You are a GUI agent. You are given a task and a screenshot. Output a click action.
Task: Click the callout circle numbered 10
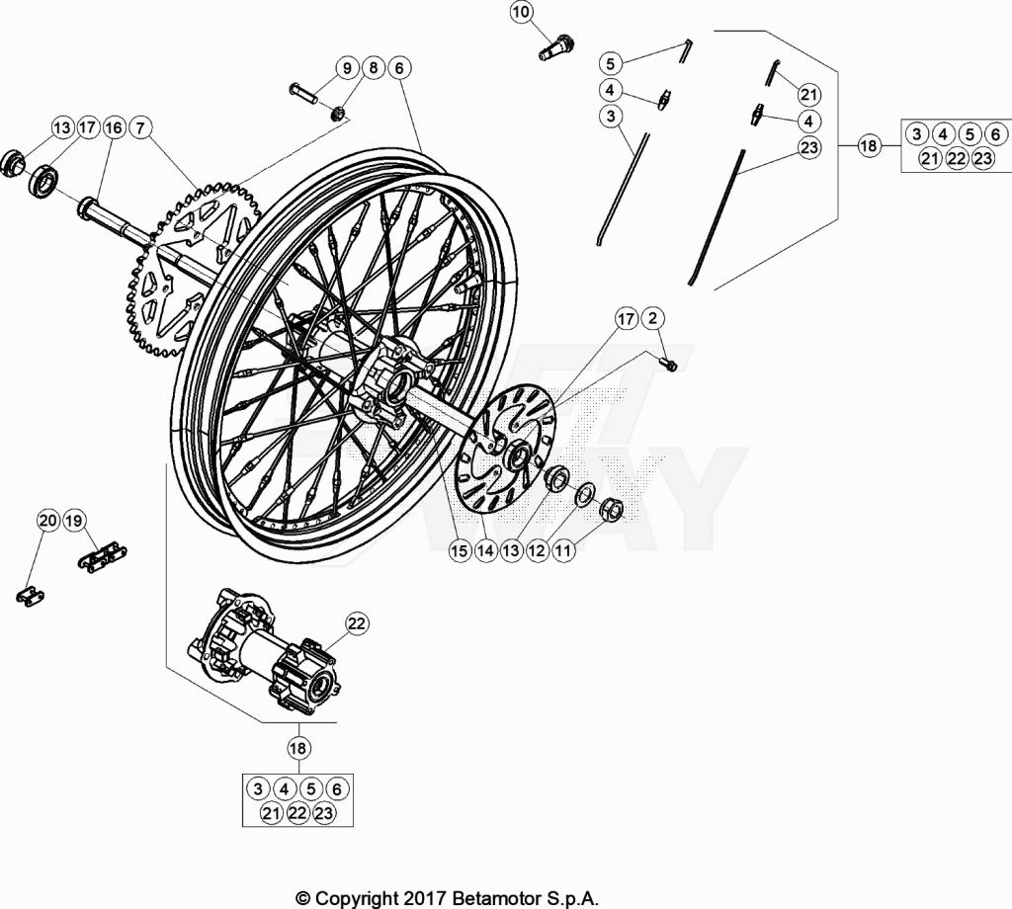pos(522,12)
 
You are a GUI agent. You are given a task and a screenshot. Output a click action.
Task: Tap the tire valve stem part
pos(555,45)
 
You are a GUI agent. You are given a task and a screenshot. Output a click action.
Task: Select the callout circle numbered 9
pos(347,68)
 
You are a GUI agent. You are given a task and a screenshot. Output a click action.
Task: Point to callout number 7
pos(140,127)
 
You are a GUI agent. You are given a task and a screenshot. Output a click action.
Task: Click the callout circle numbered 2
pos(653,318)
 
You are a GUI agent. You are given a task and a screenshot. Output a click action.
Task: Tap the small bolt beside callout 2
pos(669,365)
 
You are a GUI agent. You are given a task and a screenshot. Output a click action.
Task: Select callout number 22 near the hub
pos(357,623)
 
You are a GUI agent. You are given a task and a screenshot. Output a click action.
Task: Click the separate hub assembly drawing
pos(263,649)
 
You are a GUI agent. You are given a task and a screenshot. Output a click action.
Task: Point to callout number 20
pos(47,520)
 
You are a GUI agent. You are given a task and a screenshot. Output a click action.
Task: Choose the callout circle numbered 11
pos(562,550)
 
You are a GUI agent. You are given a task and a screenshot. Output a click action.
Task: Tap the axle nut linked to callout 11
pos(611,509)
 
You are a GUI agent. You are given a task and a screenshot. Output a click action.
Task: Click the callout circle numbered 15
pos(459,550)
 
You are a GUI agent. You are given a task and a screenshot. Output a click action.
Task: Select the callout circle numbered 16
pos(114,127)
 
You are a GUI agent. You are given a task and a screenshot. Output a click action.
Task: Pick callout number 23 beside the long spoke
pos(808,148)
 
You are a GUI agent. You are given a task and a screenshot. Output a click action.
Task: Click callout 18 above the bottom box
pos(297,748)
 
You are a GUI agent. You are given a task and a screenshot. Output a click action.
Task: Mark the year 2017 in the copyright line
pos(423,897)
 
